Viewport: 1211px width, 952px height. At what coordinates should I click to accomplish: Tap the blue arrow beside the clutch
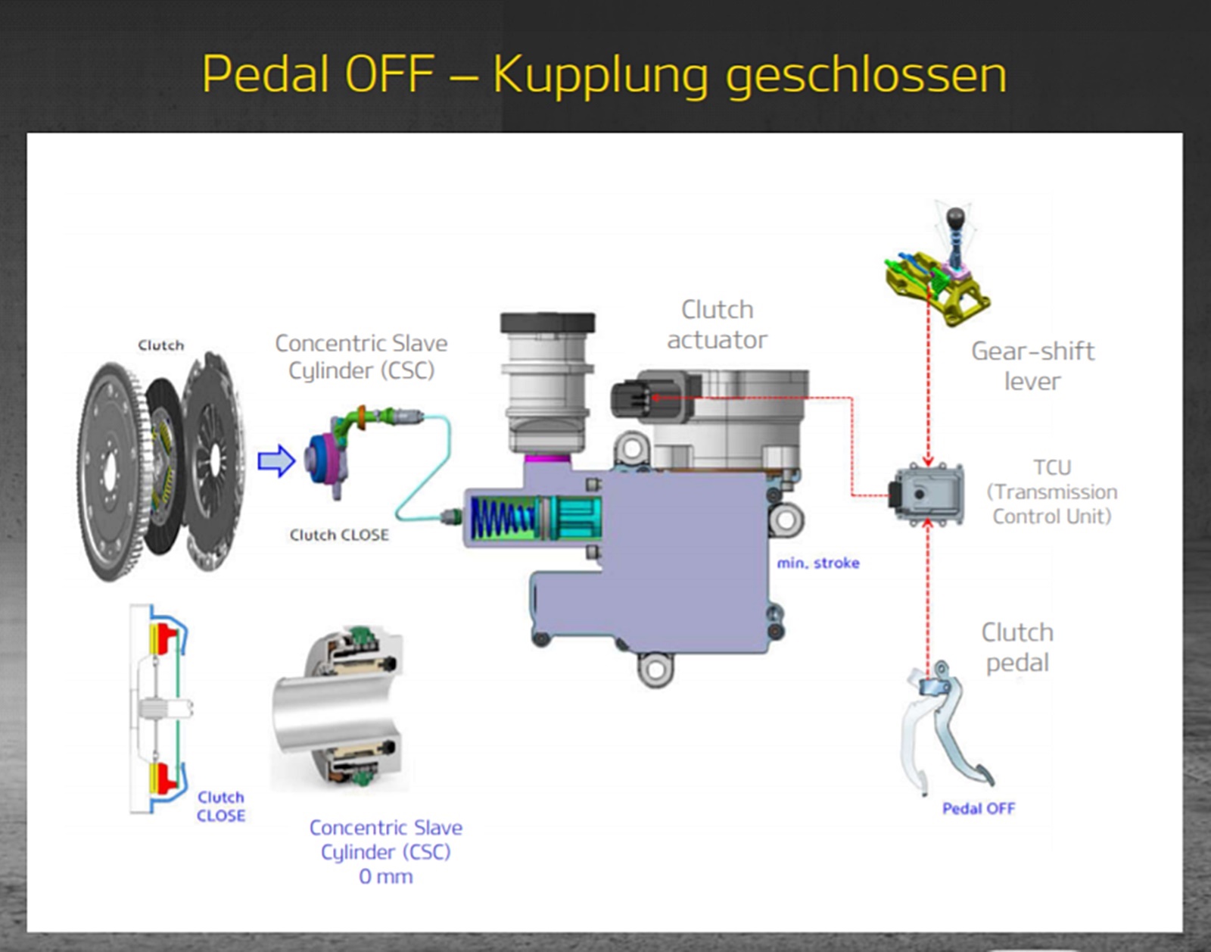276,460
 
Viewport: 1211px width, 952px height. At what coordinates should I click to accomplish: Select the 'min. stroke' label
818,563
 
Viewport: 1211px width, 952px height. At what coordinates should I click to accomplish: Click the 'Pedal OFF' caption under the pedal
978,808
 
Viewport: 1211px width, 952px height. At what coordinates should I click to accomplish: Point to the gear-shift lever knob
956,219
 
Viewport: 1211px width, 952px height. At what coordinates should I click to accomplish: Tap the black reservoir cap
547,323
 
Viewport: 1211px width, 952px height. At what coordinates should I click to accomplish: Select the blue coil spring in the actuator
502,518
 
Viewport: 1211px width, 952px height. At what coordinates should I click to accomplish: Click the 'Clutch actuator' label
717,324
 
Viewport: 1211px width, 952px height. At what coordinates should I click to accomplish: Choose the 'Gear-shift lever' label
1032,366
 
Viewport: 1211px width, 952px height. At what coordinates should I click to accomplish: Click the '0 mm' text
385,876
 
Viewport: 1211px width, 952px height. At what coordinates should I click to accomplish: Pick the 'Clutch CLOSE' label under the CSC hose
339,535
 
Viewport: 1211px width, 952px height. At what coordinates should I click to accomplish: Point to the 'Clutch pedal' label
1017,647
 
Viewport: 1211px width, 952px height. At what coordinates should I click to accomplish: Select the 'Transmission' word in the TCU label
1056,492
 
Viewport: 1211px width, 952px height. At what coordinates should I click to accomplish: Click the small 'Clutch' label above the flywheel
160,345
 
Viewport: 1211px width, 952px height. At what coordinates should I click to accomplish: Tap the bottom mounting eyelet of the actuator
655,670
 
